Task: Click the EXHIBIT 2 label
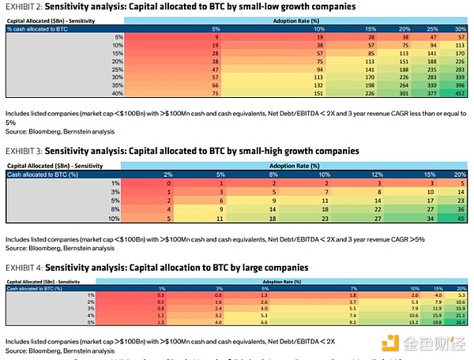pyautogui.click(x=21, y=6)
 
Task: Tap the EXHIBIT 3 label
pyautogui.click(x=21, y=150)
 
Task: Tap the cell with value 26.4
pyautogui.click(x=461, y=321)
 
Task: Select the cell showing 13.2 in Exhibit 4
pyautogui.click(x=413, y=321)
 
